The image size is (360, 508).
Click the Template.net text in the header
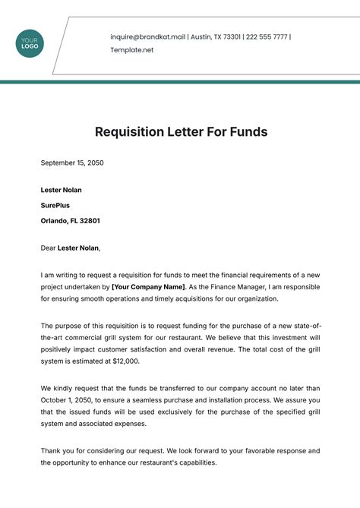click(132, 49)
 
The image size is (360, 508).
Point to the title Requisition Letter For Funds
click(181, 131)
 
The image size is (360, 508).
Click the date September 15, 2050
click(71, 163)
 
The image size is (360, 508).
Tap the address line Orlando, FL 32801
click(71, 221)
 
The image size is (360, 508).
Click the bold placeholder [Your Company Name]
click(148, 287)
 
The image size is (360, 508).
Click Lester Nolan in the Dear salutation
click(78, 247)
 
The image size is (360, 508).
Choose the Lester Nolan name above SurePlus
click(62, 190)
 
